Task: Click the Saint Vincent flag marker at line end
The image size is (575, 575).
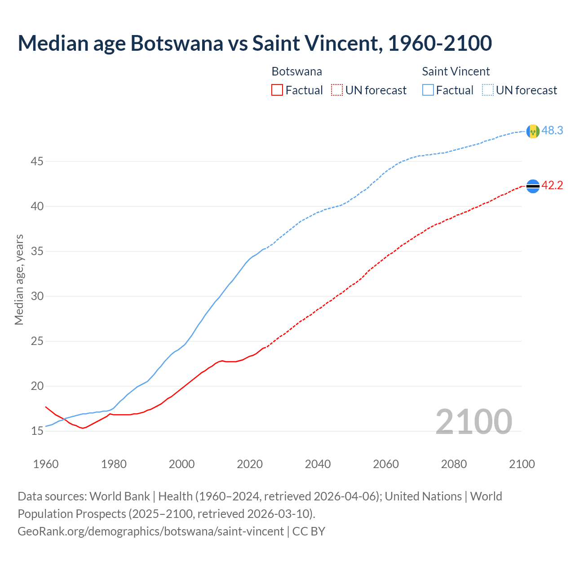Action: (533, 131)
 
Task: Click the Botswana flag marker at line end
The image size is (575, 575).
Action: (533, 186)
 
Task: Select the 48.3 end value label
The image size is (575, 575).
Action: (552, 131)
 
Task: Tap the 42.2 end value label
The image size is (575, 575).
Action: (552, 186)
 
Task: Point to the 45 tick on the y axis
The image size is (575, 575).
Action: (37, 161)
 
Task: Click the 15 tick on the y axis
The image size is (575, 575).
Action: (37, 431)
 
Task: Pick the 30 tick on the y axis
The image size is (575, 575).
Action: (37, 296)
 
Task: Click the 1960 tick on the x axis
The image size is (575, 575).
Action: (46, 464)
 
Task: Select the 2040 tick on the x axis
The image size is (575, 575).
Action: (318, 464)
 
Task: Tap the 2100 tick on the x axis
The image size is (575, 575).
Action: (522, 464)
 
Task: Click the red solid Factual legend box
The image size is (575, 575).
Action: (277, 90)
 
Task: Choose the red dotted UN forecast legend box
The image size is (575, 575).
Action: (337, 90)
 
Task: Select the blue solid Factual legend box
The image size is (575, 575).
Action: (428, 90)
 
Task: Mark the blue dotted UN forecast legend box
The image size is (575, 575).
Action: (488, 90)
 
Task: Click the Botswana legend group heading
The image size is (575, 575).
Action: (296, 71)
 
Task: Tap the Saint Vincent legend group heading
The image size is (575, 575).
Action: (456, 71)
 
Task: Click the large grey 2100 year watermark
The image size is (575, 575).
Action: (473, 421)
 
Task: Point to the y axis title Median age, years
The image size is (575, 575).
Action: (19, 279)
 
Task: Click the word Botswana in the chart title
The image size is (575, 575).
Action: (177, 43)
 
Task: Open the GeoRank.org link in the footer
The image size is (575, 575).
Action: (150, 531)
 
